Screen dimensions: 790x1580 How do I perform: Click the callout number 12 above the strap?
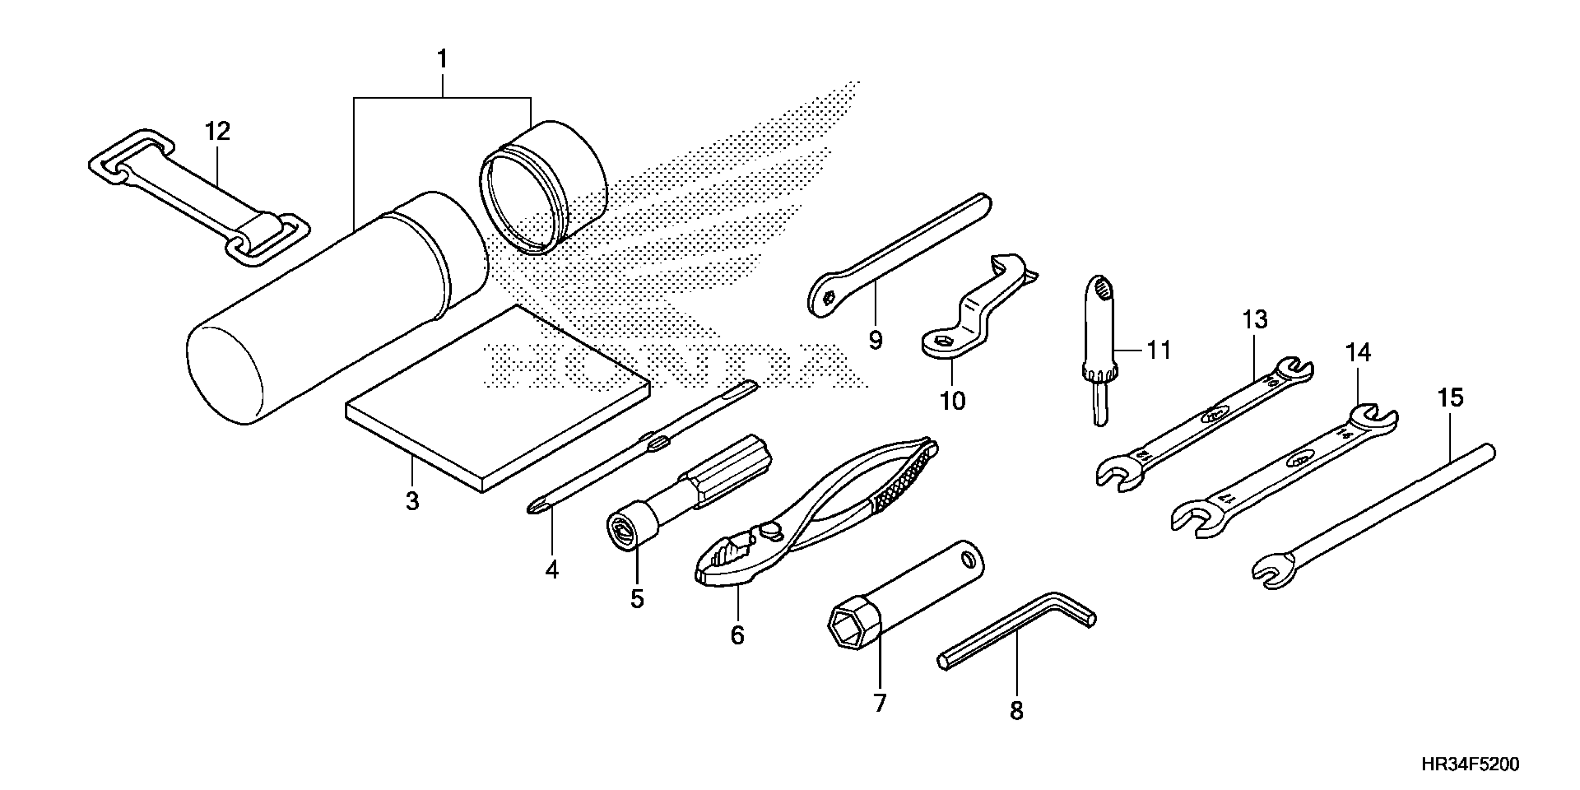click(218, 131)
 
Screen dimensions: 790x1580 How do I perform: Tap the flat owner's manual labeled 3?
click(497, 399)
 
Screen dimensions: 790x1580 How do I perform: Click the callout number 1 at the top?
click(441, 60)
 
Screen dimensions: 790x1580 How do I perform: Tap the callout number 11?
click(1158, 350)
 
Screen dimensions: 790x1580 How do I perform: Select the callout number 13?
click(1255, 320)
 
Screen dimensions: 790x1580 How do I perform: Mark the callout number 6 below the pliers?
click(737, 635)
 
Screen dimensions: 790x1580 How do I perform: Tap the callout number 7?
click(880, 703)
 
